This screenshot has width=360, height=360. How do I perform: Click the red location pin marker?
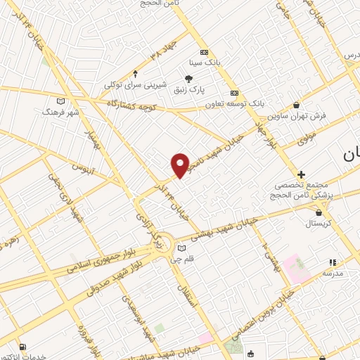180,165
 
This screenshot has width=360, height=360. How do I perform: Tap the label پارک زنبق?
188,89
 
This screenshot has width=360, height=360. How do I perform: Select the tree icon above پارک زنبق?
188,78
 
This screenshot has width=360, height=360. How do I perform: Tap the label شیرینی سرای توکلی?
135,84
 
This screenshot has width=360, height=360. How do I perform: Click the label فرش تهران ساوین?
313,115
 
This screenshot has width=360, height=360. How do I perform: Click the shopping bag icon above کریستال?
321,212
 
